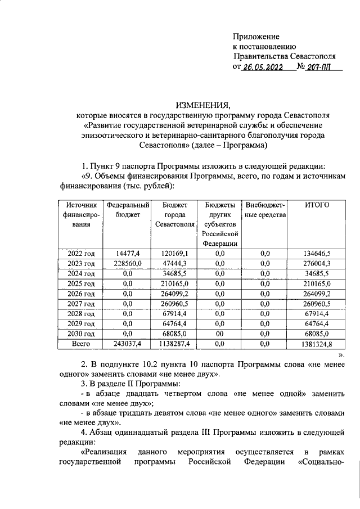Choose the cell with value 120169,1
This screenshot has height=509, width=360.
click(x=174, y=254)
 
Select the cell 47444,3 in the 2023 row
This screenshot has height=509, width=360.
click(x=174, y=263)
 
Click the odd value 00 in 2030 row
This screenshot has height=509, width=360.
click(x=219, y=332)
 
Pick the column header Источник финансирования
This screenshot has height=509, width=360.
click(x=81, y=214)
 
